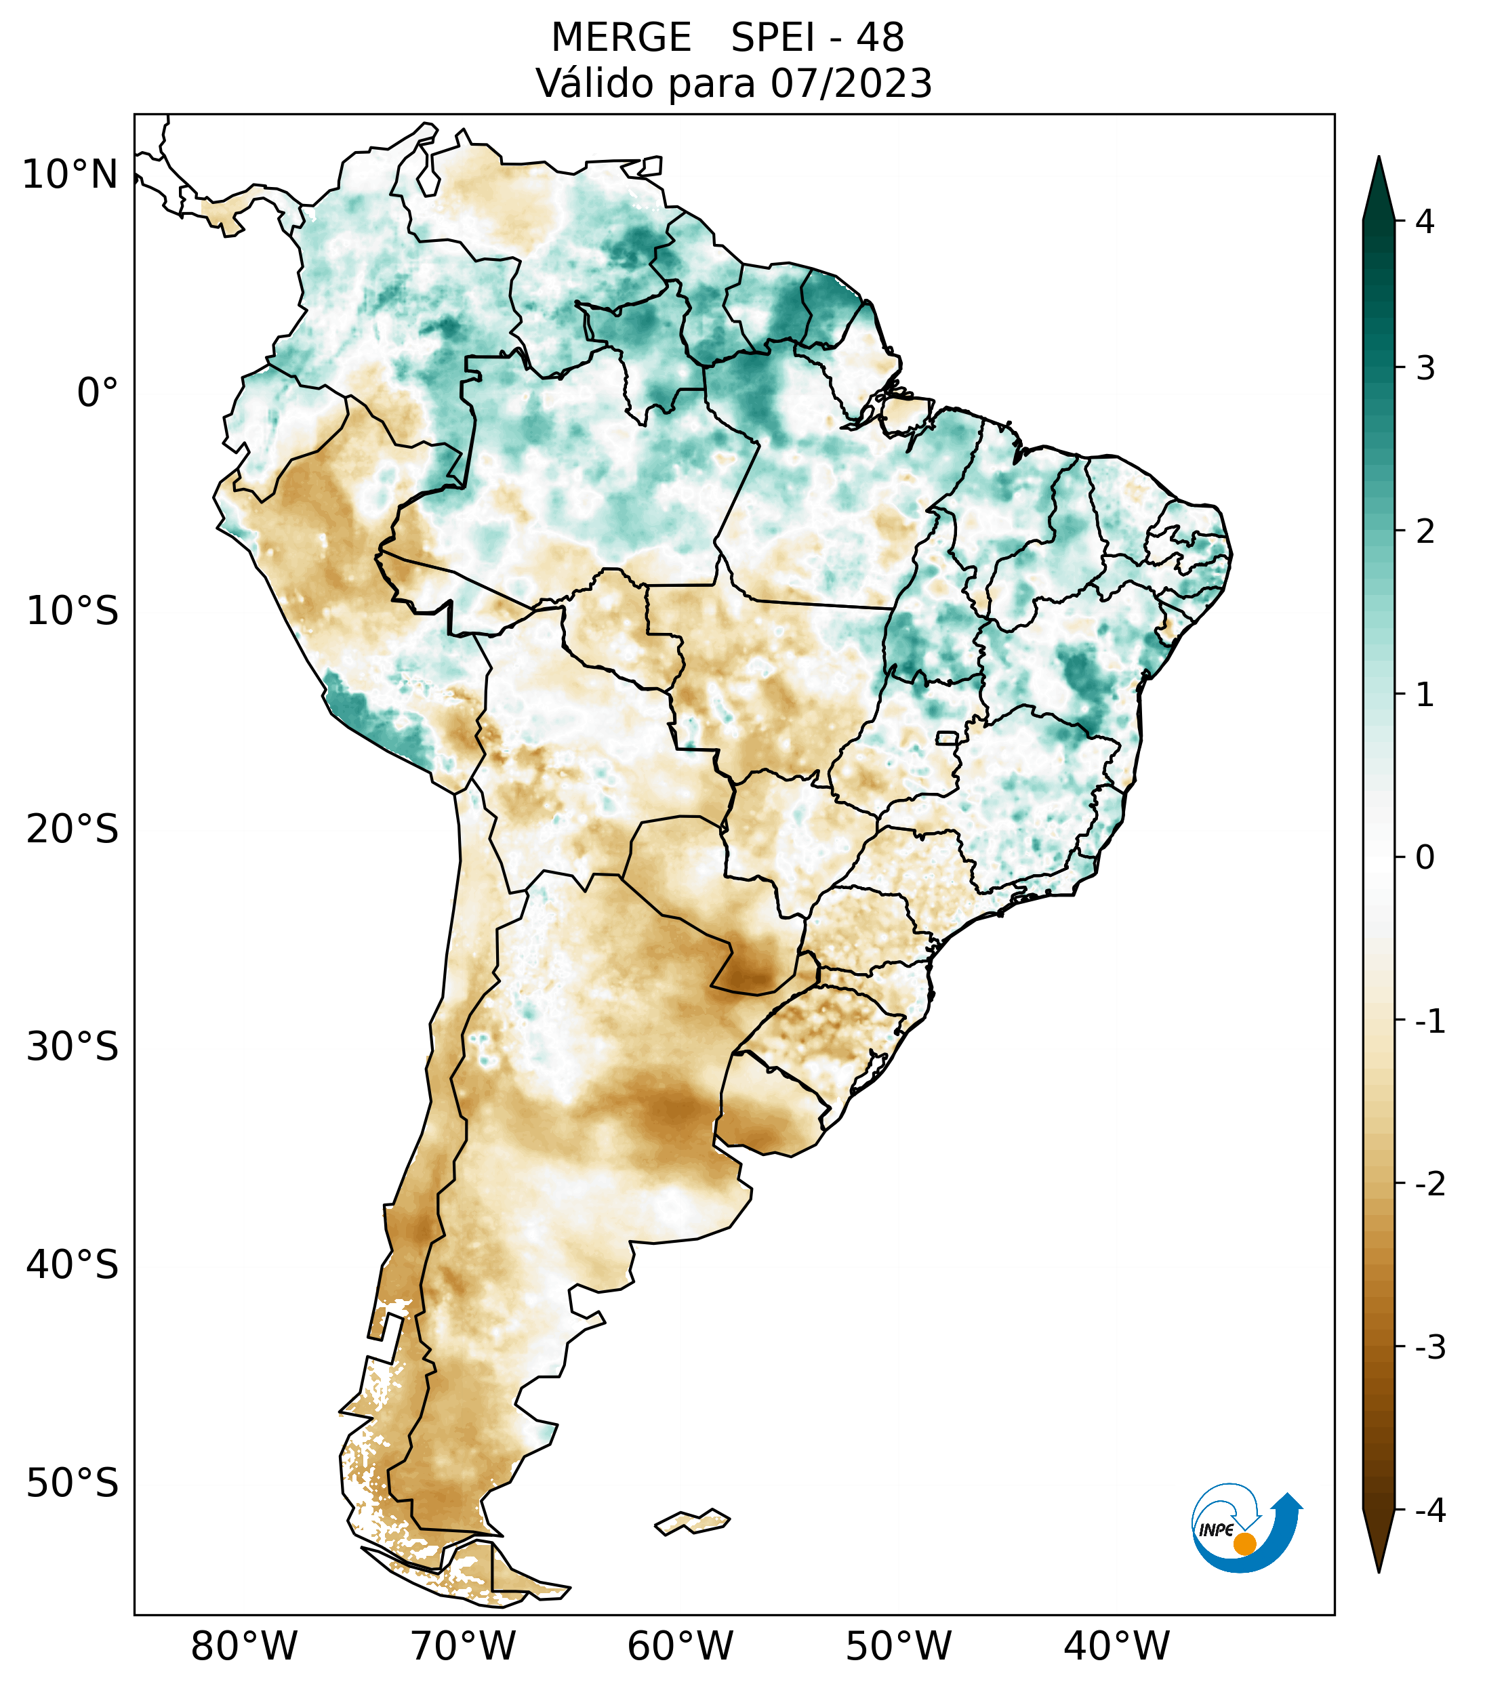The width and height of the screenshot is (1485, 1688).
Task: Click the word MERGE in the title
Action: point(620,38)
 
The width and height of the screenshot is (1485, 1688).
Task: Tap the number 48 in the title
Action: point(880,38)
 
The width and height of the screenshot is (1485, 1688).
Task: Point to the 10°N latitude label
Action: point(69,175)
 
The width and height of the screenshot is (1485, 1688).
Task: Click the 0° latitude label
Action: point(97,393)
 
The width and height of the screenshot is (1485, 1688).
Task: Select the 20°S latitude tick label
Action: point(72,829)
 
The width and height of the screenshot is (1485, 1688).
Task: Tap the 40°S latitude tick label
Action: point(72,1265)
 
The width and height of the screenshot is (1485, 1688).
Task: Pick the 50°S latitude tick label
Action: point(72,1483)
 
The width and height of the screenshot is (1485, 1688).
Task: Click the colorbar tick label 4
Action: point(1425,222)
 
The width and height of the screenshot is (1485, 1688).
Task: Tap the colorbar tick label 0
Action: point(1425,858)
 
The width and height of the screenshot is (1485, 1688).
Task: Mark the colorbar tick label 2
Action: point(1425,532)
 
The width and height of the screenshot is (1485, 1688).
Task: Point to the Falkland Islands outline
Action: point(692,1521)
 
